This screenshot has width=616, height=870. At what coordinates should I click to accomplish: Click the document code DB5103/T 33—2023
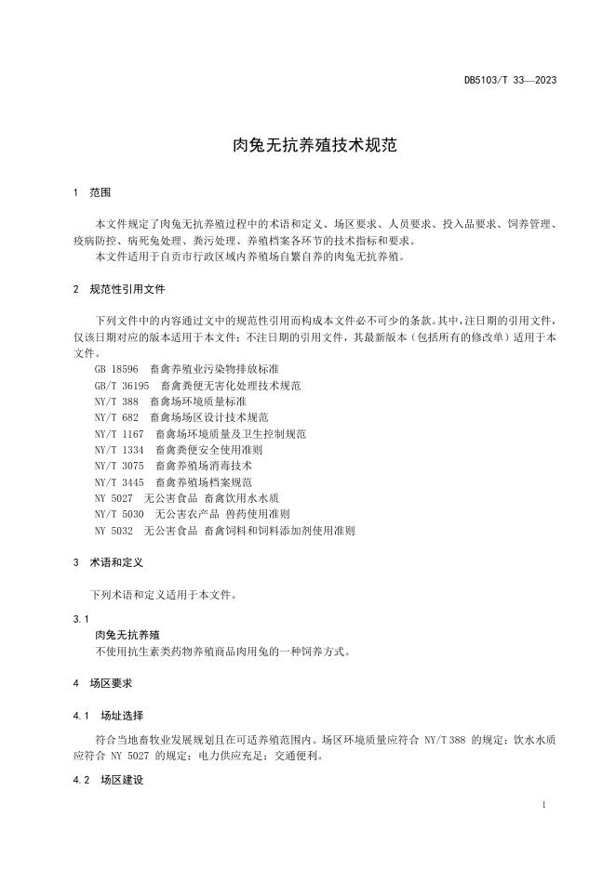point(510,80)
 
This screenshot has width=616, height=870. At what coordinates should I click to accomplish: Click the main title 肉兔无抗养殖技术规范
point(307,146)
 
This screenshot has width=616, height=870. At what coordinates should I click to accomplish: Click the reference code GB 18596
point(116,368)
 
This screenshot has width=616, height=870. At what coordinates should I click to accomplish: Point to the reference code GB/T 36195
point(122,385)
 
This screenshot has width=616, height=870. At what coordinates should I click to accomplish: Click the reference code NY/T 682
point(116,417)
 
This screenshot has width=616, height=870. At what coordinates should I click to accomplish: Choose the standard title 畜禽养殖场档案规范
point(204,482)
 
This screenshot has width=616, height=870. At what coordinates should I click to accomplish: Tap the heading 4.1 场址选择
point(108,716)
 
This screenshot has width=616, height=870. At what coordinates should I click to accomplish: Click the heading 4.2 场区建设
point(108,779)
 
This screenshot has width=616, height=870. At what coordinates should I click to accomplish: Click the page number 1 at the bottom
point(542,805)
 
